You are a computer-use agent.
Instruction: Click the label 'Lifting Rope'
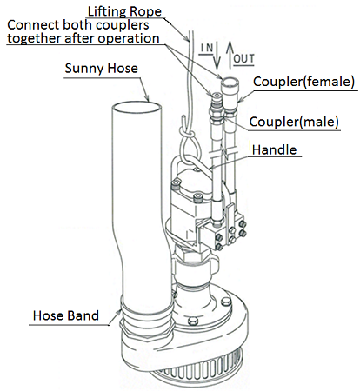[x=124, y=11]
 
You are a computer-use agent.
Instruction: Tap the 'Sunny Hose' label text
[x=101, y=69]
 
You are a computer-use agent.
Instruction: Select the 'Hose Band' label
[x=66, y=315]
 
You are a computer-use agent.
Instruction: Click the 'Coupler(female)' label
[x=303, y=82]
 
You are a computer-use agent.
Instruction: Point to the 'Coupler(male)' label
[x=294, y=122]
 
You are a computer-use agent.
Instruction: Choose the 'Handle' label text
[x=274, y=150]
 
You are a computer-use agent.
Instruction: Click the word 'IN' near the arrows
[x=207, y=48]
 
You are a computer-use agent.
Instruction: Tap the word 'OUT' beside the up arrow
[x=244, y=59]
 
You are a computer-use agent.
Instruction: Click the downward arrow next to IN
[x=217, y=56]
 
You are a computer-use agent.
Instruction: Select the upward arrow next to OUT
[x=230, y=54]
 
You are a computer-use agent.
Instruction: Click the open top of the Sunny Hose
[x=137, y=108]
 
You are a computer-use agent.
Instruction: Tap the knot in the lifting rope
[x=188, y=134]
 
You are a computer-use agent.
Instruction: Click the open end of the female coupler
[x=230, y=83]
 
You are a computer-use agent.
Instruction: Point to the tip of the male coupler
[x=216, y=95]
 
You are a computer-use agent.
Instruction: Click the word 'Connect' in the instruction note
[x=33, y=25]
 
